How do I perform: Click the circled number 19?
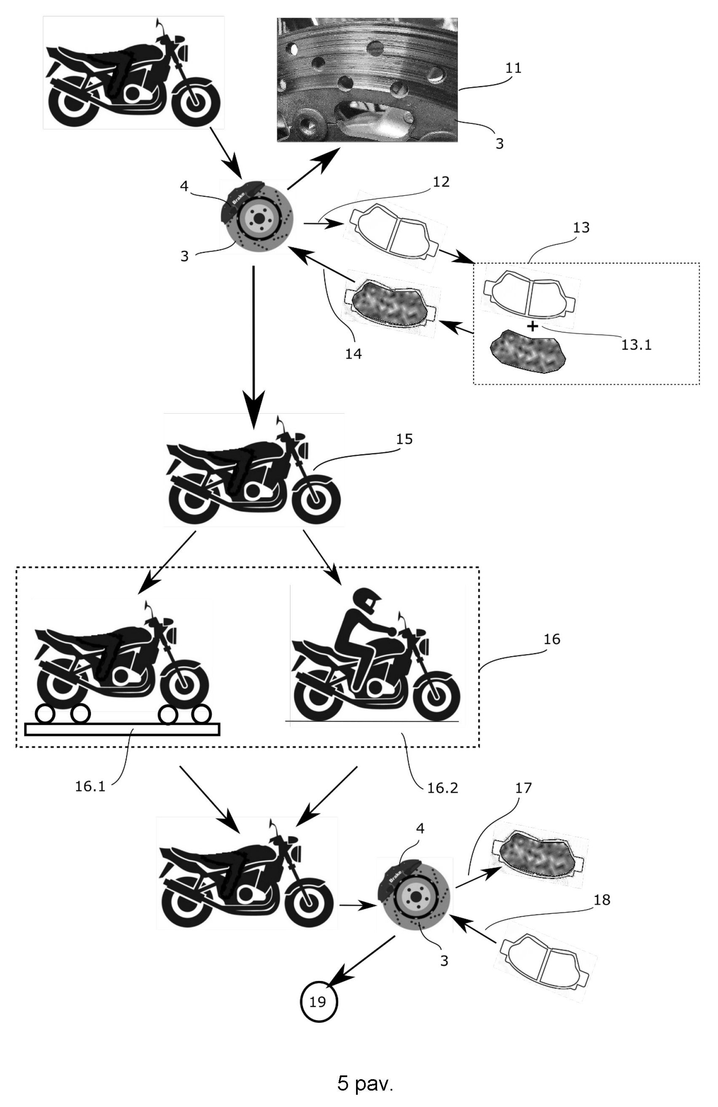[x=318, y=1001]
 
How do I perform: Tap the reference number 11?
[x=513, y=68]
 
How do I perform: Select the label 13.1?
[x=636, y=345]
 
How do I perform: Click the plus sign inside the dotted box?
[x=532, y=326]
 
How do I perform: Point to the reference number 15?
[x=404, y=439]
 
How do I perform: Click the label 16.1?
[x=90, y=786]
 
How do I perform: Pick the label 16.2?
[x=442, y=787]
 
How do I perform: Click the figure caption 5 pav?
[x=365, y=1083]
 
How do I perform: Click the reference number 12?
[x=441, y=182]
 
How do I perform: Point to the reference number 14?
[x=353, y=354]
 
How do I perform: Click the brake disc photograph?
[x=367, y=80]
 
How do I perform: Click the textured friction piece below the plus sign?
[x=528, y=352]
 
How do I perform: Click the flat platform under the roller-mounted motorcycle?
[x=122, y=729]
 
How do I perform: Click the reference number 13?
[x=581, y=227]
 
